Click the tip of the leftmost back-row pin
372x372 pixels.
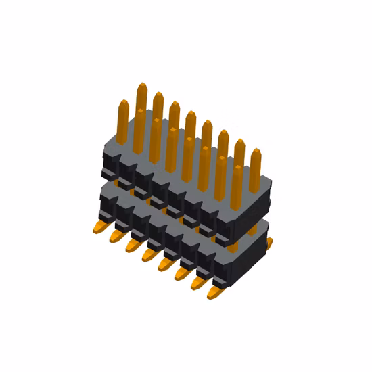141,88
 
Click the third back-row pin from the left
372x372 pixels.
174,106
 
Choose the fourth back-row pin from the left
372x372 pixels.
190,115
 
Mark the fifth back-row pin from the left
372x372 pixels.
206,125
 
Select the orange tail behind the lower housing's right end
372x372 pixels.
269,241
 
